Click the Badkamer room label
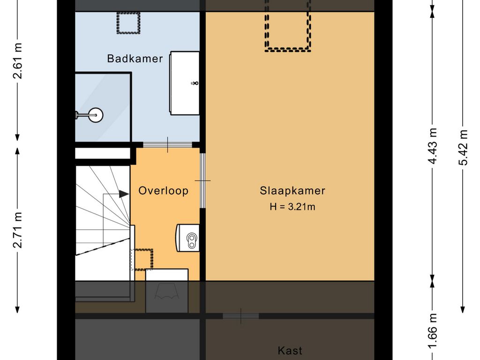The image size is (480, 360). pyautogui.click(x=135, y=59)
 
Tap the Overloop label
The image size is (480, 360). pyautogui.click(x=164, y=191)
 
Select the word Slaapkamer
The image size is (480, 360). pyautogui.click(x=292, y=191)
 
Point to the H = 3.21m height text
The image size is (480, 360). pyautogui.click(x=292, y=207)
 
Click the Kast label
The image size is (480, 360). pyautogui.click(x=290, y=351)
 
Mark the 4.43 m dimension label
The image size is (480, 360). pyautogui.click(x=432, y=146)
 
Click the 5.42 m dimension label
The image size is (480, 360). pyautogui.click(x=463, y=147)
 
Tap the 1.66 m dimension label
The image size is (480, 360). pyautogui.click(x=432, y=331)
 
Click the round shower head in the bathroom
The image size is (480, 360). pyautogui.click(x=96, y=115)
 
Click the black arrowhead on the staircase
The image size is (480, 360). pyautogui.click(x=124, y=194)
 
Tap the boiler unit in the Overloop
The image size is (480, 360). pyautogui.click(x=187, y=238)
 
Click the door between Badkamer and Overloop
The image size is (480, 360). pyautogui.click(x=167, y=145)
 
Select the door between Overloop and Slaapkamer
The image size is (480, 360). pyautogui.click(x=202, y=180)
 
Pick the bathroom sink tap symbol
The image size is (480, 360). pyautogui.click(x=195, y=83)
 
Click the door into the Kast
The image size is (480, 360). pyautogui.click(x=241, y=316)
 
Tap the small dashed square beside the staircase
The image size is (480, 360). pyautogui.click(x=142, y=260)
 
